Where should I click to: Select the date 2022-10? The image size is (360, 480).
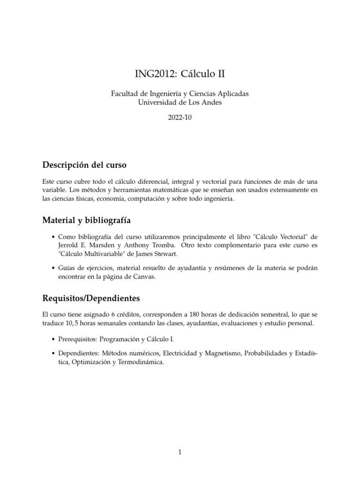pyautogui.click(x=180, y=118)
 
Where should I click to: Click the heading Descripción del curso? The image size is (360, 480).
pyautogui.click(x=84, y=165)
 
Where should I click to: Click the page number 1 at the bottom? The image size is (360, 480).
pyautogui.click(x=180, y=452)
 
